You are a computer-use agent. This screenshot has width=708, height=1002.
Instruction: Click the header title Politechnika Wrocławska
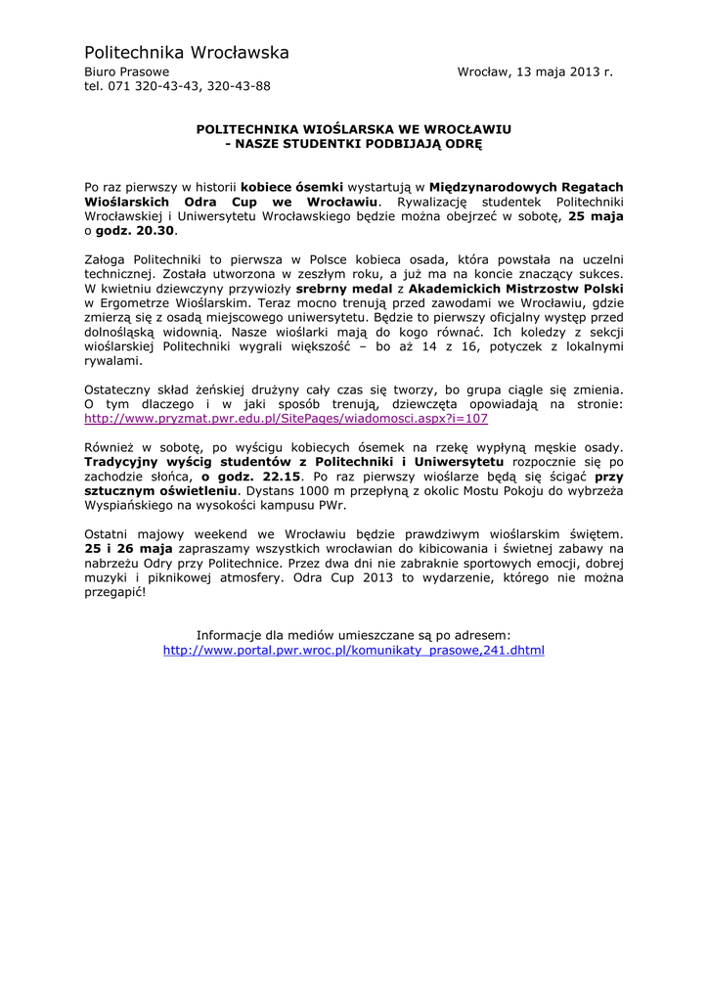click(x=187, y=52)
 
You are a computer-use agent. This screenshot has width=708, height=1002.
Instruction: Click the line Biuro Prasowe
click(x=126, y=72)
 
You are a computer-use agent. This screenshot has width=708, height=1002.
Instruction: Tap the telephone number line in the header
click(x=177, y=86)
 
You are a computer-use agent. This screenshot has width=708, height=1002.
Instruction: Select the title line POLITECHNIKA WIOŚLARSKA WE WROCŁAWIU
click(x=354, y=128)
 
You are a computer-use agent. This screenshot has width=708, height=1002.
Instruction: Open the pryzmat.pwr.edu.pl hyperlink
click(x=286, y=418)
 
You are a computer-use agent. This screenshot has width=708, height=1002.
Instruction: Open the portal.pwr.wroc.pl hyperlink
click(x=354, y=650)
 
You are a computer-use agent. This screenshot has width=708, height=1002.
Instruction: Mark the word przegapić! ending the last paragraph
click(x=114, y=594)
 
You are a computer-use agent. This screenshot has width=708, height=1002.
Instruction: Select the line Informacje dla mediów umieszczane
click(x=354, y=635)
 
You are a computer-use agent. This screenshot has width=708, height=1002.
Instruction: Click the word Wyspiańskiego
click(x=130, y=506)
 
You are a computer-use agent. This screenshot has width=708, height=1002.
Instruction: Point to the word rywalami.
click(x=113, y=359)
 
